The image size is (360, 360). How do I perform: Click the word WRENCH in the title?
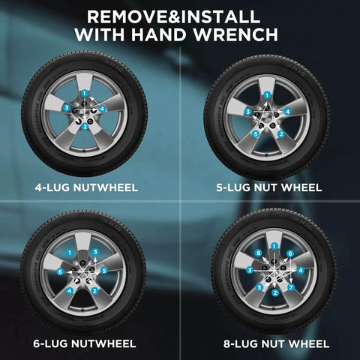coord(236,34)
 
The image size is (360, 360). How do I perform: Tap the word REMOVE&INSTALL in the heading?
coord(173,16)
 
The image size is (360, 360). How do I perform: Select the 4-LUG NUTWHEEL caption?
coord(86,187)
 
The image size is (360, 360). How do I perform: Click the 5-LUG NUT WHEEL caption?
coord(269,187)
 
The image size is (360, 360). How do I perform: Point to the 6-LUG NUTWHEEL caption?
coord(85,343)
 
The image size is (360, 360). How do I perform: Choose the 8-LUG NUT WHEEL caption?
coord(276,344)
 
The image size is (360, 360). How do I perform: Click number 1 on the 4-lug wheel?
coord(84,94)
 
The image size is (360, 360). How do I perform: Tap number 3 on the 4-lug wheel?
coord(66,108)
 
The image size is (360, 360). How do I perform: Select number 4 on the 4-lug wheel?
coord(102,109)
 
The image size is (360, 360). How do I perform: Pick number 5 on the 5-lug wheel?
coord(256,134)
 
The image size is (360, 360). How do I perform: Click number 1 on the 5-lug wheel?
coord(267,95)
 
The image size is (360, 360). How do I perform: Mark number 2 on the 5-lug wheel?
coord(281,134)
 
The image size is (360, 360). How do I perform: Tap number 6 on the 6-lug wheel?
coord(60,271)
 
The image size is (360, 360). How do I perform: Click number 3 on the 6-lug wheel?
coord(95,252)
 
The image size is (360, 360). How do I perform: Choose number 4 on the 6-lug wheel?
coord(70,291)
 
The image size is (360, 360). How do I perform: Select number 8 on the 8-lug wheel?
coord(259,253)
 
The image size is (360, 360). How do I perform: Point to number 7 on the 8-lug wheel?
coord(291,287)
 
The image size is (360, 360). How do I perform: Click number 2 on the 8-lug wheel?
coord(275,292)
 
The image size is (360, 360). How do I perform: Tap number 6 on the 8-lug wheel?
coord(290,253)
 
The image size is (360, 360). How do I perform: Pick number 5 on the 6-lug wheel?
coord(104,271)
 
